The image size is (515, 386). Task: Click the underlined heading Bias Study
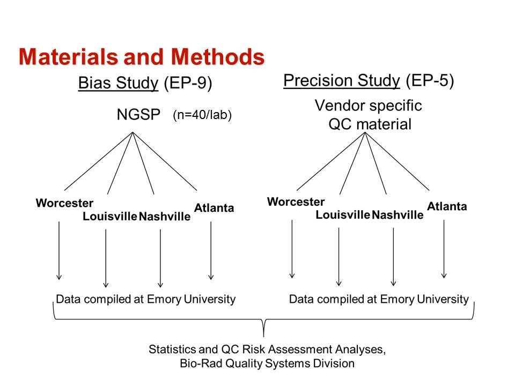click(x=118, y=84)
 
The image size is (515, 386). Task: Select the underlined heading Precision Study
click(x=341, y=80)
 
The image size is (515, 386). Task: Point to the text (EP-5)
click(x=430, y=80)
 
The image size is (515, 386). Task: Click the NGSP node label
click(x=139, y=115)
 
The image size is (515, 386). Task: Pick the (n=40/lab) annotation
click(x=202, y=115)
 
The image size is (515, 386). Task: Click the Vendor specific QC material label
click(x=369, y=115)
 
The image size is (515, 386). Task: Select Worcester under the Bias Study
click(x=64, y=203)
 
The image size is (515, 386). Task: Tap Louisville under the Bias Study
click(x=109, y=217)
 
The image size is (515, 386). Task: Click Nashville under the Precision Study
click(x=398, y=215)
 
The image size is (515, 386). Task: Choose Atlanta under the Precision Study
click(x=447, y=206)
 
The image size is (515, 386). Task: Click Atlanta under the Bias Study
click(x=214, y=207)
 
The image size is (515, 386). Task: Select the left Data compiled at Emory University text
click(x=146, y=299)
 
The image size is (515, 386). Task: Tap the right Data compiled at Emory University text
click(x=379, y=299)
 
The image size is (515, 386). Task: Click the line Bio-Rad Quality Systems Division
click(x=267, y=363)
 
